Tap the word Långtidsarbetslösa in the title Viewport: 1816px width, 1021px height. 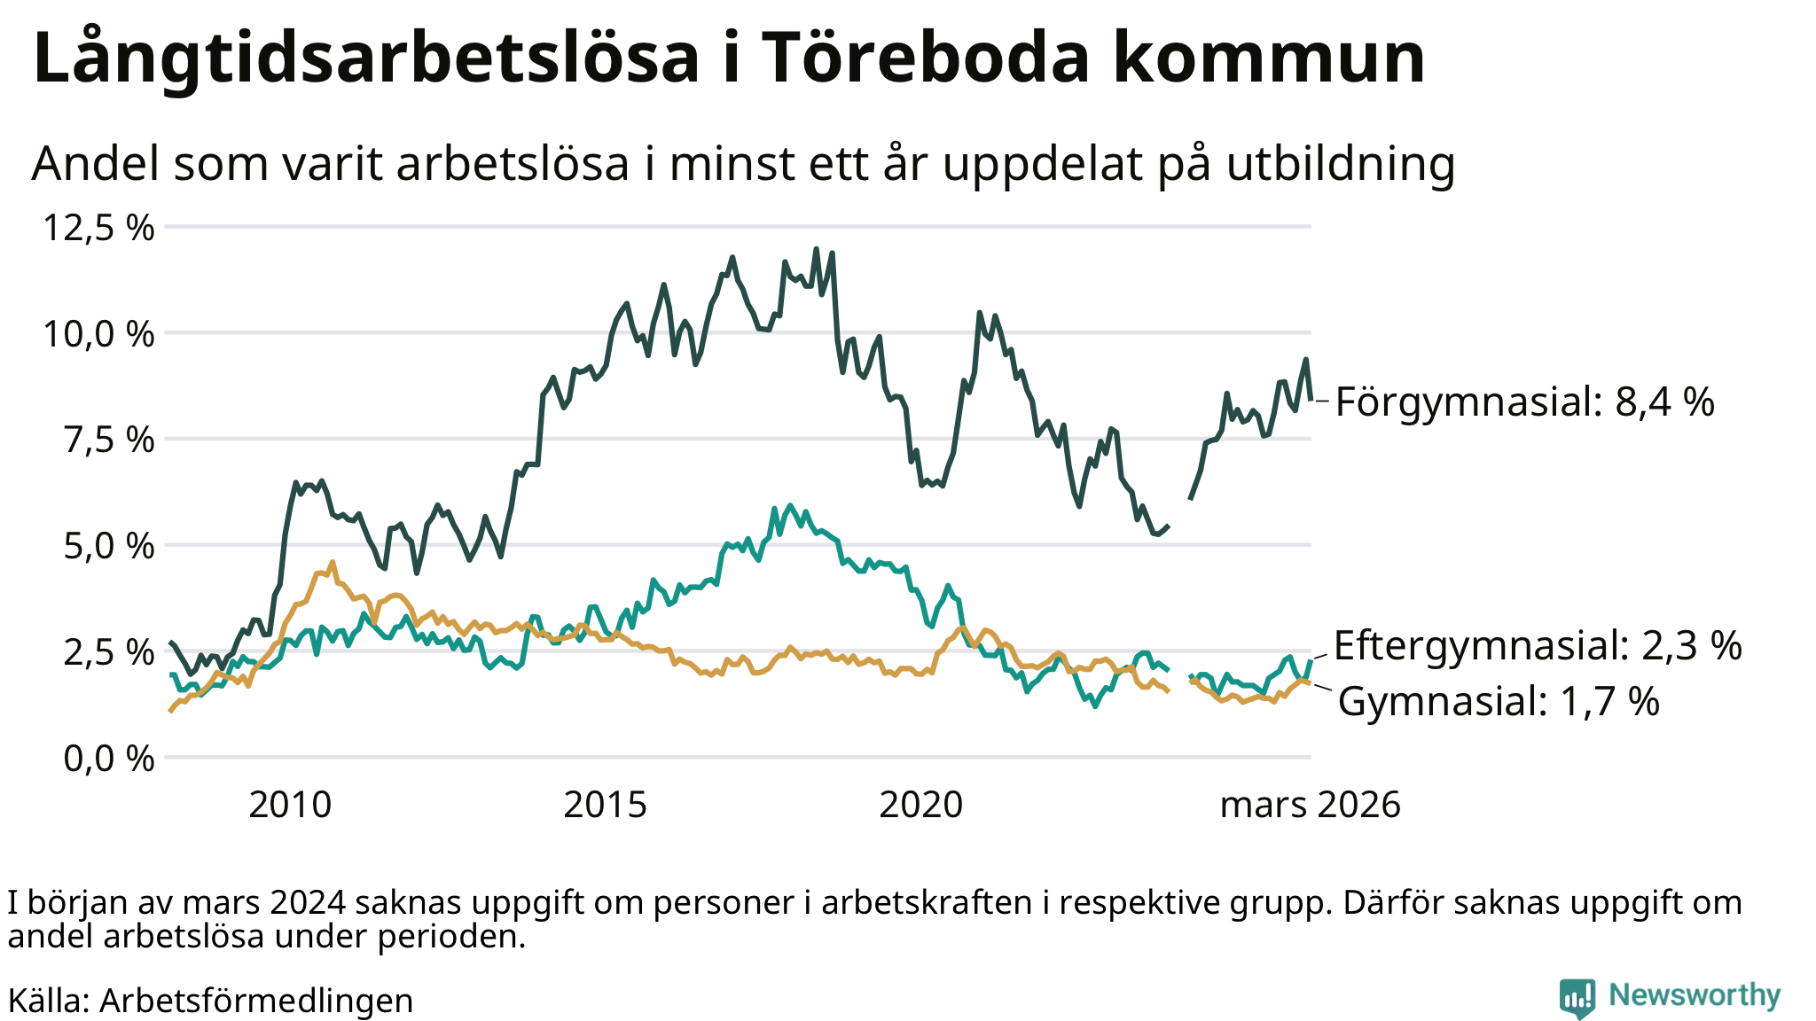(367, 58)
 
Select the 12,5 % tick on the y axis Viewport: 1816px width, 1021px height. (99, 228)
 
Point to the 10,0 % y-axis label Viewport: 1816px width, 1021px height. (99, 334)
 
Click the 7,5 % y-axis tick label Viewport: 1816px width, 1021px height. (108, 440)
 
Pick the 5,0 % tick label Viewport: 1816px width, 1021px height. (108, 546)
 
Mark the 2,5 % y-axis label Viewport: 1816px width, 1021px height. (108, 652)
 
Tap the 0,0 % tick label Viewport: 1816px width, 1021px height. (108, 759)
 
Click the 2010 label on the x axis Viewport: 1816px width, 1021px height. (290, 805)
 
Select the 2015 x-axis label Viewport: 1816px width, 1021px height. (606, 805)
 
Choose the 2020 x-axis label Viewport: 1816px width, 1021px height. (920, 805)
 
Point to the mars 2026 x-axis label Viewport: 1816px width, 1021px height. (1310, 805)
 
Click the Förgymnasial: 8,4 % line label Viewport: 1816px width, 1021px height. (1524, 401)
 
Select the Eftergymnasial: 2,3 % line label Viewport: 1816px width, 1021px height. (1538, 645)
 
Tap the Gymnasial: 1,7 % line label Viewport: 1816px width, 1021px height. (1499, 701)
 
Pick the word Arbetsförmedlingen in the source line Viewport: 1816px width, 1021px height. (256, 1001)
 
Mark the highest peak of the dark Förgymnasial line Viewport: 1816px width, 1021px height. (816, 249)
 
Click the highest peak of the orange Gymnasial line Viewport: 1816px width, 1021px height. (333, 562)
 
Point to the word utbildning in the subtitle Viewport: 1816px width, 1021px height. (1341, 164)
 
